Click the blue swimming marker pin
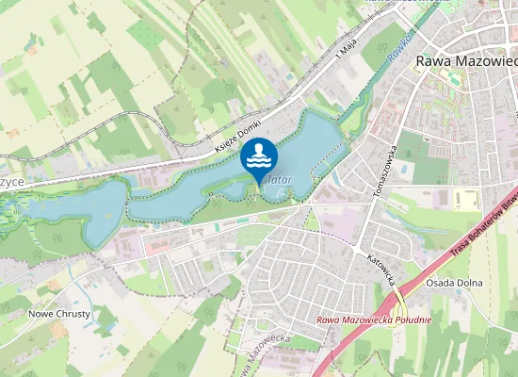[x=259, y=158]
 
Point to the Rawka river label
[x=398, y=53]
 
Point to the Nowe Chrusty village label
[x=59, y=313]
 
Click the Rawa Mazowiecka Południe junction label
[x=374, y=320]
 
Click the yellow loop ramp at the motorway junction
[x=400, y=303]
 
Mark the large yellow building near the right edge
[x=464, y=199]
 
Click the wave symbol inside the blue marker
[x=259, y=163]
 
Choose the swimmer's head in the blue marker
[x=255, y=149]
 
